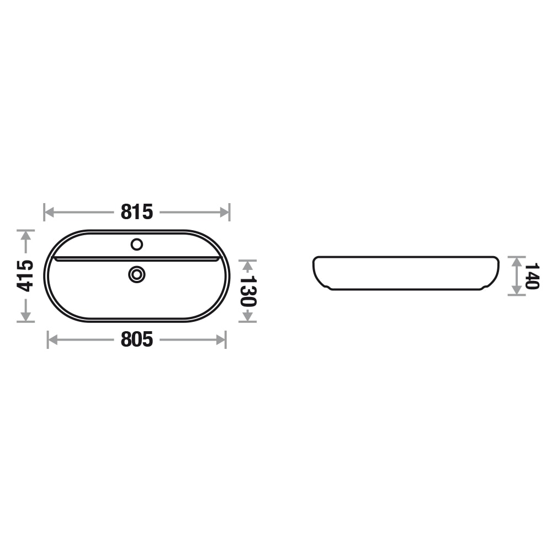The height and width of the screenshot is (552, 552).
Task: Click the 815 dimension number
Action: tap(137, 212)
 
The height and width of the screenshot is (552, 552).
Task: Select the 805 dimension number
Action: tap(137, 339)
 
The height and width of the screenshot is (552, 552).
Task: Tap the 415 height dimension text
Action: tap(25, 275)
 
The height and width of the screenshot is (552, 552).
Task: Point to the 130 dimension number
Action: tap(248, 291)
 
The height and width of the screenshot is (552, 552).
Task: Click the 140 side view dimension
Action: tap(531, 276)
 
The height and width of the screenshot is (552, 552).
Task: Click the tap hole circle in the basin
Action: tap(136, 245)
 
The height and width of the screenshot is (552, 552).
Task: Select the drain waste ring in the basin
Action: tap(137, 274)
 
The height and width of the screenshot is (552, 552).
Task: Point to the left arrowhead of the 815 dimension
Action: tap(49, 213)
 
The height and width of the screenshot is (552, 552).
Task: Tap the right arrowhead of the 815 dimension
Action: tap(225, 213)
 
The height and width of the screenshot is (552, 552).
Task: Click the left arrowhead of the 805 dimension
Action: tap(52, 339)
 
